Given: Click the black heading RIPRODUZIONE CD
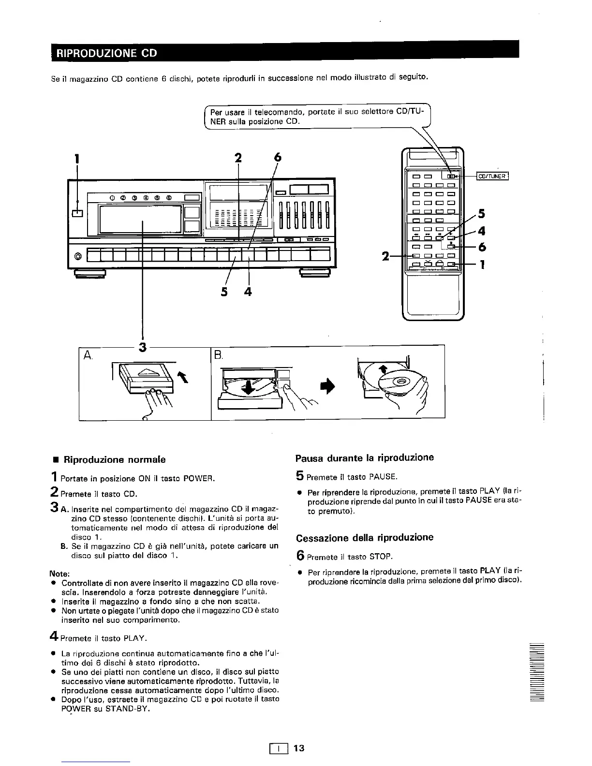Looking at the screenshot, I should [107, 53].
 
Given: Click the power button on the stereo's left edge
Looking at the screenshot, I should [77, 213].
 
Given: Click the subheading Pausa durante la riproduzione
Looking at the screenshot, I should [365, 457].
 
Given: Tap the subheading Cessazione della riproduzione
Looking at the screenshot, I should [365, 537].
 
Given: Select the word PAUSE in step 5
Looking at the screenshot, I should [383, 477].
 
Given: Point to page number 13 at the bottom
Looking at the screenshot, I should [299, 748].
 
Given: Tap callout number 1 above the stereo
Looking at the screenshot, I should [76, 158].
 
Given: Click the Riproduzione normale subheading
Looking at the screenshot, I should [115, 459].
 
